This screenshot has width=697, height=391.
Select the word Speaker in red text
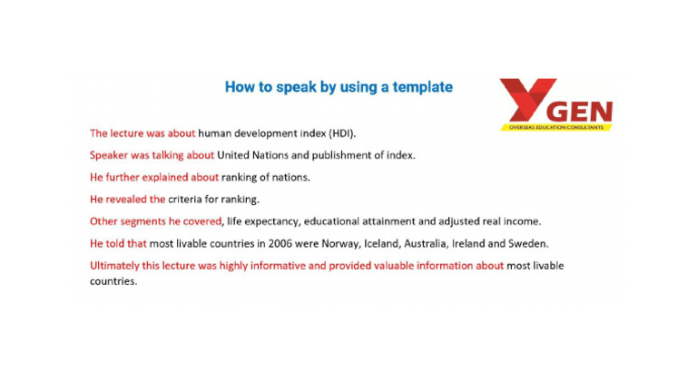(x=110, y=155)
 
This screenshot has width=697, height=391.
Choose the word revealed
(x=126, y=199)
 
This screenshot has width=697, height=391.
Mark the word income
(x=523, y=220)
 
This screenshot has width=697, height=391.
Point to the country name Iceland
(x=373, y=243)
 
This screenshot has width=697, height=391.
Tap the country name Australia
(x=423, y=243)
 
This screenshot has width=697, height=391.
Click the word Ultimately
(x=115, y=266)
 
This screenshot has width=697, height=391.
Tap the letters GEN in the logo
(x=580, y=112)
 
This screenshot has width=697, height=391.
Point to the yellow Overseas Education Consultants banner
(x=556, y=127)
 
